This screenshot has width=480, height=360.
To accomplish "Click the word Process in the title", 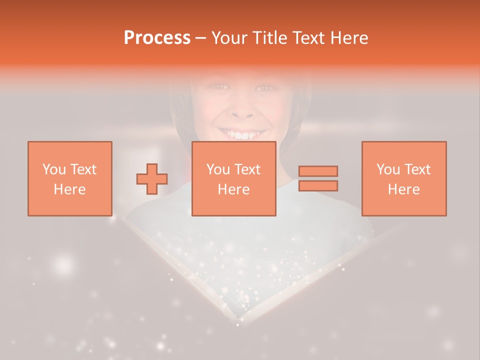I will tap(157, 38).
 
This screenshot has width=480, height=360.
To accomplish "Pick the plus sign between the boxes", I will tap(152, 179).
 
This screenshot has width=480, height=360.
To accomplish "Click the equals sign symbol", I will tap(318, 178).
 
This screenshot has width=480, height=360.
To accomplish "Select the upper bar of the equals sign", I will tap(318, 171).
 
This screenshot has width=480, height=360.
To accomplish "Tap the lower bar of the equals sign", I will tap(318, 185).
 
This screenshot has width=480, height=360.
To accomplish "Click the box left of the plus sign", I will tap(70, 178).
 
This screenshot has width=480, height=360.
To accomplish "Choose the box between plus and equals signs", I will tap(234, 178).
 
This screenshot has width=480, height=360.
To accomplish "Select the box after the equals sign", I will tap(404, 178).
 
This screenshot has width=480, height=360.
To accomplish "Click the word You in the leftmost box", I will tap(53, 169).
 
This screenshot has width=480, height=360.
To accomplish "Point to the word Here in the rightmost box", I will tap(404, 189).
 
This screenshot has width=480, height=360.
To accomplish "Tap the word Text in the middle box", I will tap(247, 169).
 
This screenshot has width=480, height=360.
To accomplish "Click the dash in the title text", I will tap(201, 38).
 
